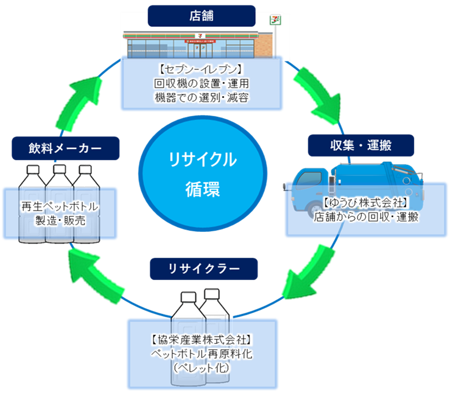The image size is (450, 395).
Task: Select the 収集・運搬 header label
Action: pos(361,145)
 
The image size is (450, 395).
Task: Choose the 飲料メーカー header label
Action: pos(65,147)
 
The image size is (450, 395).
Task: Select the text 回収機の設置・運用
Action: pos(202,83)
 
